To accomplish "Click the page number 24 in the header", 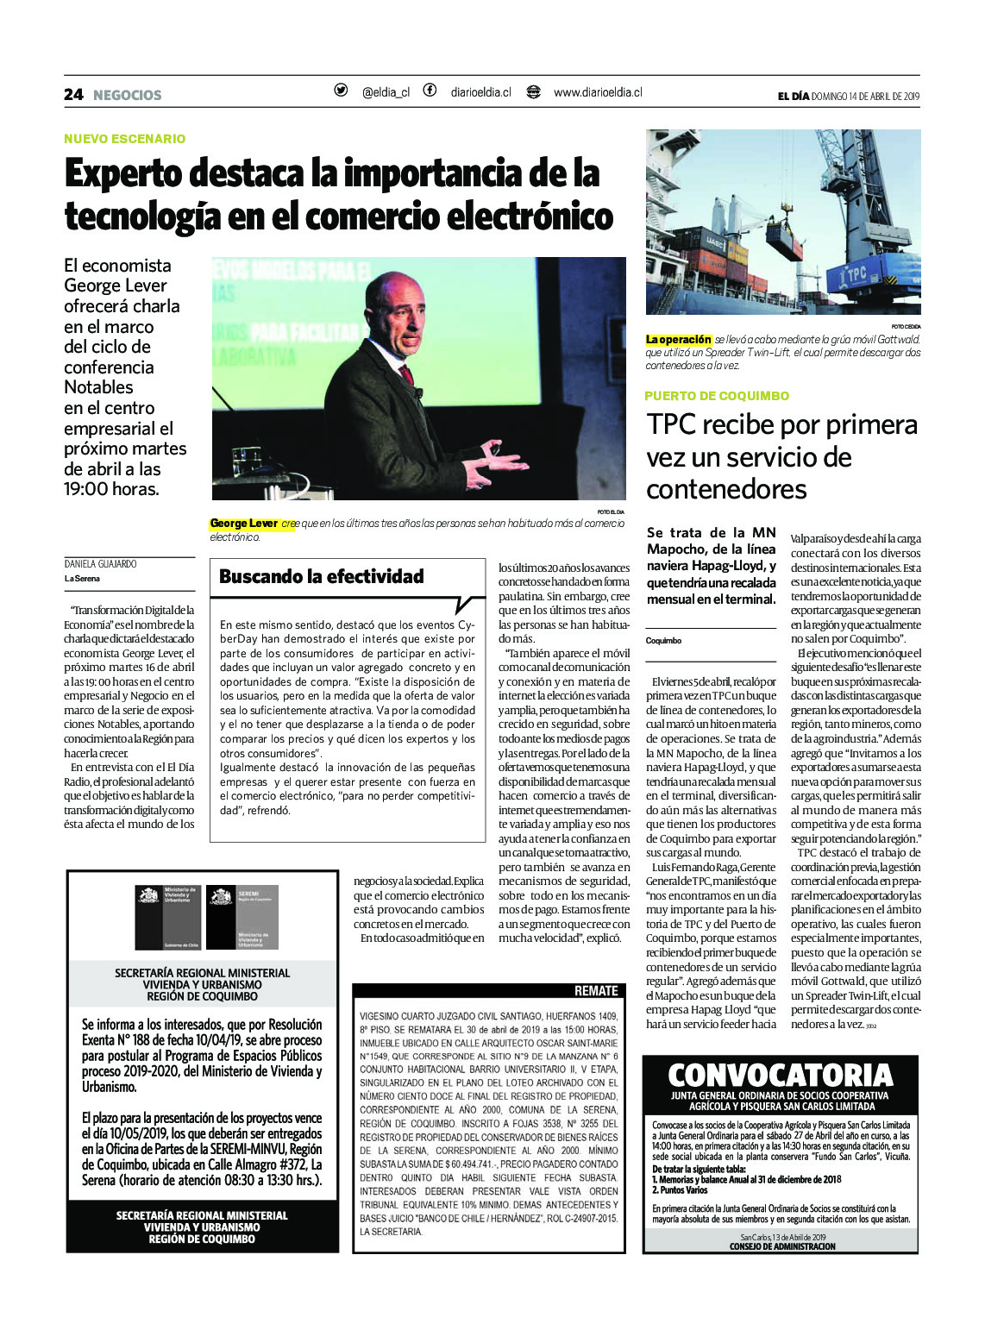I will coord(73,94).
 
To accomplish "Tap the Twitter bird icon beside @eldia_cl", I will coord(341,91).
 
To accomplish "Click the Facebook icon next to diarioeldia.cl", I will coord(430,91).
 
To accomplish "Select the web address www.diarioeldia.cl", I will coord(597,92).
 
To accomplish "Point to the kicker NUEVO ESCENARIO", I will coord(124,138).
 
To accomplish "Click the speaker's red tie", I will coord(406,374).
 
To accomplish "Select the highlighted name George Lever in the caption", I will coord(244,524).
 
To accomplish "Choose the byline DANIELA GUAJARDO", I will coord(100,563).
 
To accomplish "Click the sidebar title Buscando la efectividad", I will coord(321,576).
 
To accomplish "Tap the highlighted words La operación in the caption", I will coord(679,340).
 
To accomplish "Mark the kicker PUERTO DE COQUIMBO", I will coord(717,396).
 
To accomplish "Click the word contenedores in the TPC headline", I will coord(726,489).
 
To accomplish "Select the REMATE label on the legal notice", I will coord(596,990).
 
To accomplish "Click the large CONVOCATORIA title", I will coord(780,1075).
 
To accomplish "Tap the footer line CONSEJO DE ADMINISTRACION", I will coord(782,1246).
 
